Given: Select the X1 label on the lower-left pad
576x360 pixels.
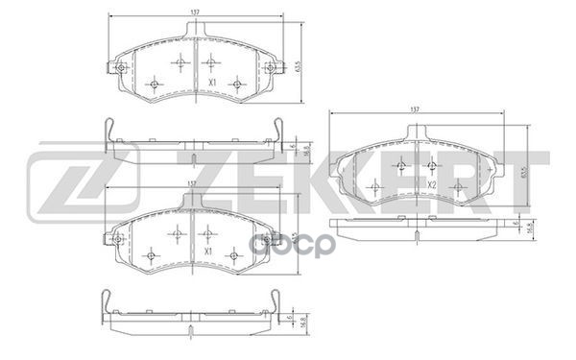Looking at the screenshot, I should click(206, 252).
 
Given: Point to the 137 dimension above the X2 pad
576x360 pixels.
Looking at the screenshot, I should click(416, 110).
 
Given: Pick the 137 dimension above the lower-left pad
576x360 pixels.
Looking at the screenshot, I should click(191, 184).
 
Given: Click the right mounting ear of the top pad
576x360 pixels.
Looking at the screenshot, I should click(274, 68).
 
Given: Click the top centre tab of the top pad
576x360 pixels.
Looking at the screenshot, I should click(195, 33).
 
